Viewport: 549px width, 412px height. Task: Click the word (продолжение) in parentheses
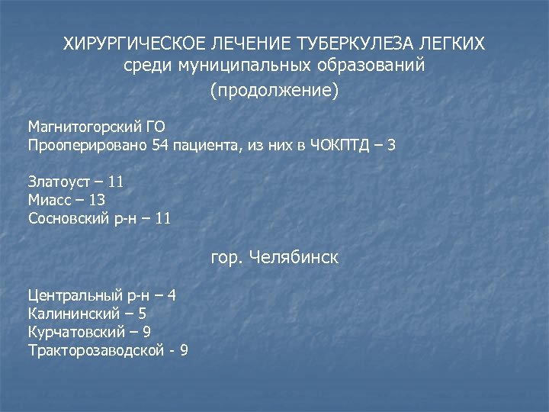[x=274, y=90]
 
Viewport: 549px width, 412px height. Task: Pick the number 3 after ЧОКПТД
[x=391, y=145]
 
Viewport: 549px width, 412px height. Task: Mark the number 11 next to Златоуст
[x=116, y=182]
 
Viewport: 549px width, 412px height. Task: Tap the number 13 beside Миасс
[x=97, y=200]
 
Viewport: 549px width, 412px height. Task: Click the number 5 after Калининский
[x=143, y=313]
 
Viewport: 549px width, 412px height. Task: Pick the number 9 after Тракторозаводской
[x=184, y=350]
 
